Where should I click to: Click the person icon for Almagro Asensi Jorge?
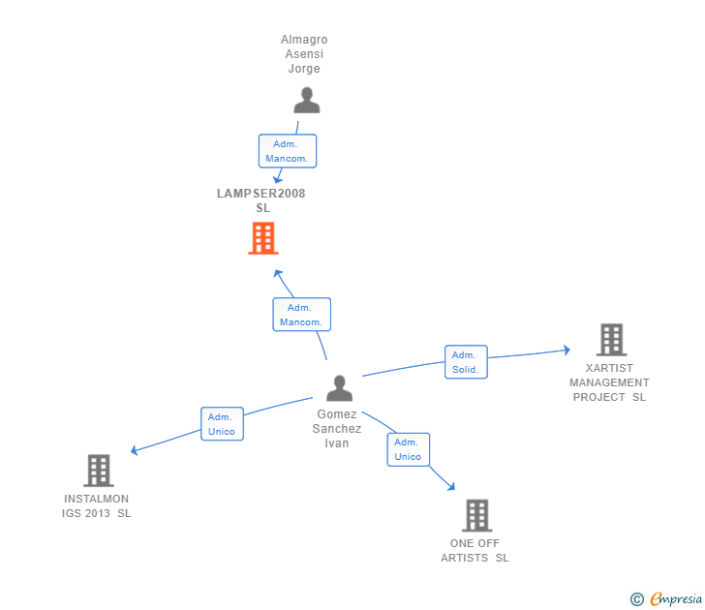(307, 100)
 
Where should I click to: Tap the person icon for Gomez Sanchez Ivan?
(339, 387)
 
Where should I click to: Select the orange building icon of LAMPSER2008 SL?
(262, 238)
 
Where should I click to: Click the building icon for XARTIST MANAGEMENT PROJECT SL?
(611, 340)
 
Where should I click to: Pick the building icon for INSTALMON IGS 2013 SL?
(98, 471)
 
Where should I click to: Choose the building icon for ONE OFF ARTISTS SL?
(475, 515)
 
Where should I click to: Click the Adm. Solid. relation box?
(466, 362)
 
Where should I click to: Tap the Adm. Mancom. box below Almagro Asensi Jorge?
(287, 151)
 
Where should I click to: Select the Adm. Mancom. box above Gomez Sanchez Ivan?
(301, 315)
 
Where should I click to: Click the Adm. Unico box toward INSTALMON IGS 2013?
(222, 424)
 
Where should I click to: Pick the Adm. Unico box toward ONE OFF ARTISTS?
(408, 449)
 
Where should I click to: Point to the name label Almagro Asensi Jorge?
(304, 54)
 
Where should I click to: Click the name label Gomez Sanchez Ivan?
(337, 429)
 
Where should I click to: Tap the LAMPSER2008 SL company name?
(261, 200)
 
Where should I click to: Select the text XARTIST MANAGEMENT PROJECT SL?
(609, 382)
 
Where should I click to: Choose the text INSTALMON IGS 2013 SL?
(96, 506)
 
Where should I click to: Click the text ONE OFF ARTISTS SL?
(475, 550)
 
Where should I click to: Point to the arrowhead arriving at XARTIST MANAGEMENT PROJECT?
(567, 351)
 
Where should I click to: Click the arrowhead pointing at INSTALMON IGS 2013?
(135, 450)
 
